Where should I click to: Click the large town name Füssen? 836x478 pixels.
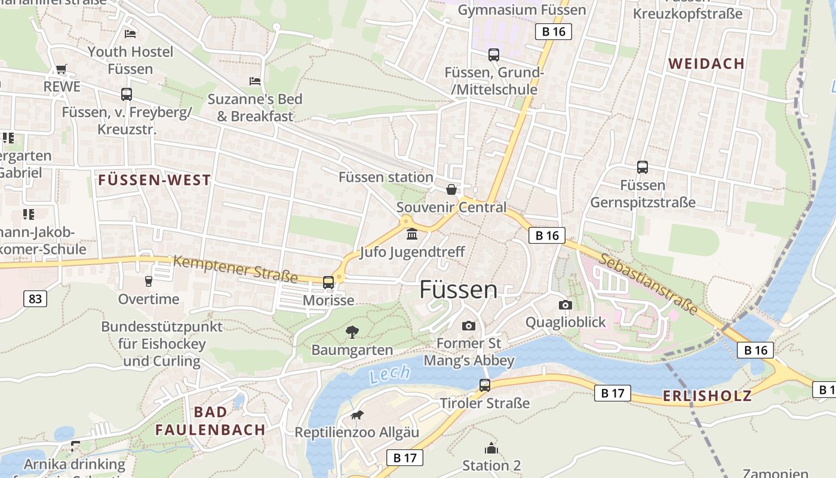[458, 290]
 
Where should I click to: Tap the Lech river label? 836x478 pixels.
[389, 375]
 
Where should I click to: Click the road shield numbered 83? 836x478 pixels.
[35, 298]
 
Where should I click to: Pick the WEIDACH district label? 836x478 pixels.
[706, 63]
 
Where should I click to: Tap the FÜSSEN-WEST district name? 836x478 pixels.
[155, 180]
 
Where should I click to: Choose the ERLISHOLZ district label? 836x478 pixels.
[707, 396]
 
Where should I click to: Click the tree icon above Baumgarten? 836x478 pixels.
[352, 332]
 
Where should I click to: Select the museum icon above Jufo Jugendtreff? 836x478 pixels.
[411, 234]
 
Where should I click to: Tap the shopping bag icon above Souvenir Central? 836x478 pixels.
[451, 189]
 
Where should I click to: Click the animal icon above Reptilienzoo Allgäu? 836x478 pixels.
[357, 415]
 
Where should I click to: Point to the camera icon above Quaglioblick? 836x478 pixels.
[565, 305]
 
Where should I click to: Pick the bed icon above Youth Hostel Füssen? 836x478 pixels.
[130, 33]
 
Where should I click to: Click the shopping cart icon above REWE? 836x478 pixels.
[62, 69]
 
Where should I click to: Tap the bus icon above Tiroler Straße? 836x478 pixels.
[485, 385]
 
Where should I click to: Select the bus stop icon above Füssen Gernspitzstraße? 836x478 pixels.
[643, 167]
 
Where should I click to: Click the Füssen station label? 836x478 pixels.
[386, 177]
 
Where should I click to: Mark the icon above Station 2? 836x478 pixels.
[491, 448]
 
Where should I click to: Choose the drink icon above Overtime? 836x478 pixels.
[149, 281]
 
